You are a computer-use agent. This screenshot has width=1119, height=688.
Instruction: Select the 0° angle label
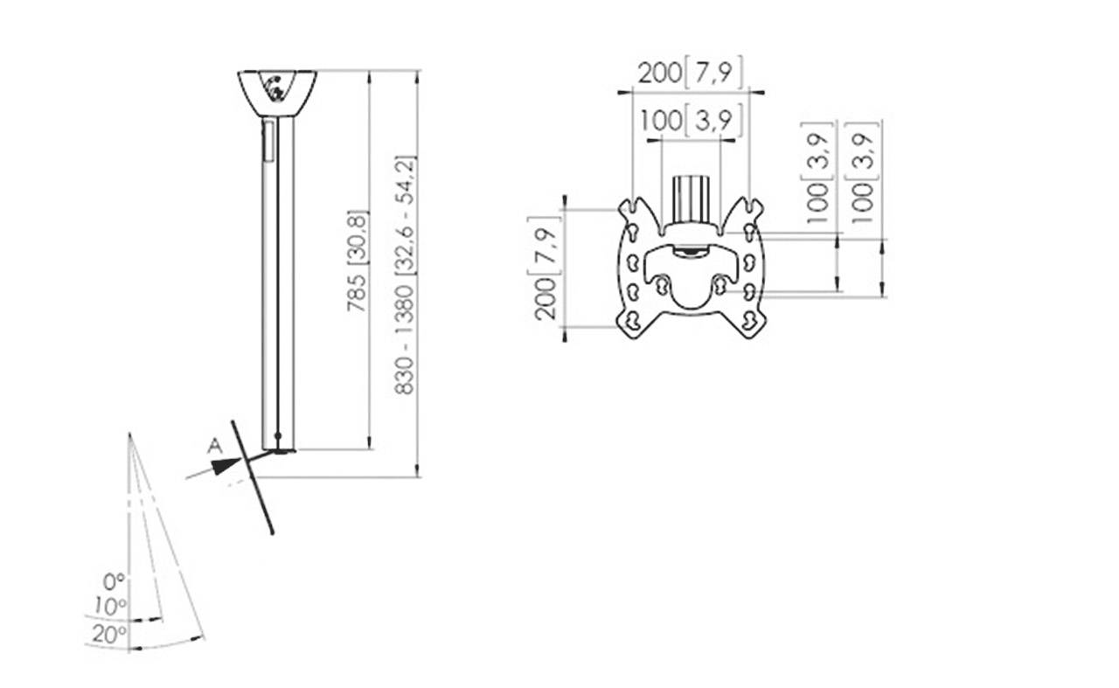114,580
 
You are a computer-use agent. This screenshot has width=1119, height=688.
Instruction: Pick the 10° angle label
111,605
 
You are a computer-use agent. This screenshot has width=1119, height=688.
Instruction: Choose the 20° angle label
108,634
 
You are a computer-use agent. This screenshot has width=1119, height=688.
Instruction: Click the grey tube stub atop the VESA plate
691,198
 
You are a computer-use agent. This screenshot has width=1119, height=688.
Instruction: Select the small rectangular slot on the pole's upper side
268,141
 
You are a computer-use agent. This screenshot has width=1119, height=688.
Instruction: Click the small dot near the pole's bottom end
278,435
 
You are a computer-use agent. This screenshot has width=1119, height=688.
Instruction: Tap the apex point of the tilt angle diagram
129,434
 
